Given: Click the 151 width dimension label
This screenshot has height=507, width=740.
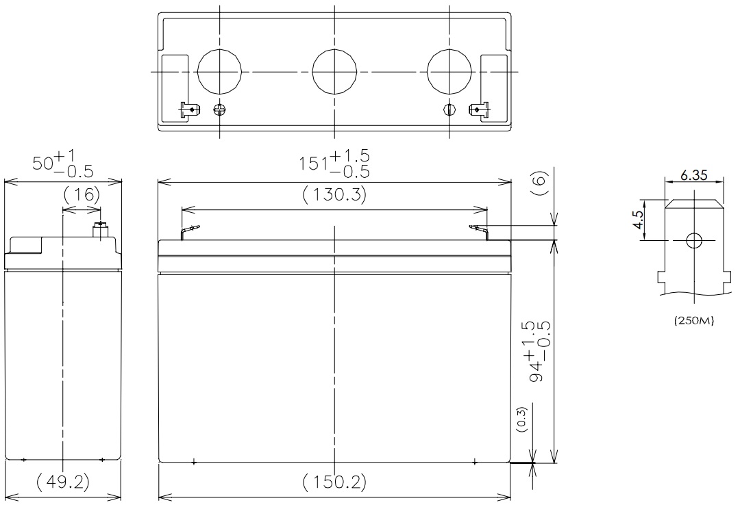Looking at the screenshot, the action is click(334, 164).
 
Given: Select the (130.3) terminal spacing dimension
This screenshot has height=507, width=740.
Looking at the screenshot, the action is click(334, 194).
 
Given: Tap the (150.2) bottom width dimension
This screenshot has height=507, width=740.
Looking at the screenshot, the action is click(334, 482).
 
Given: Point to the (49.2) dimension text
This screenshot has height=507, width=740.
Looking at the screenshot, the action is click(63, 482).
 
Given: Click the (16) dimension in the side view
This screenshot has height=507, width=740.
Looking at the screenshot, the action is click(82, 194).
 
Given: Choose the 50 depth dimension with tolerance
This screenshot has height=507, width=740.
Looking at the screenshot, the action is click(63, 163).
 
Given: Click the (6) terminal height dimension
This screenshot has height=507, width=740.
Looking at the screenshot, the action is click(539, 184).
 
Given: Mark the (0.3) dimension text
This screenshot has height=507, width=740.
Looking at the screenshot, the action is click(521, 419).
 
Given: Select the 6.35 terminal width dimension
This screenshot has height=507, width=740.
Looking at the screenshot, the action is click(693, 175).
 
